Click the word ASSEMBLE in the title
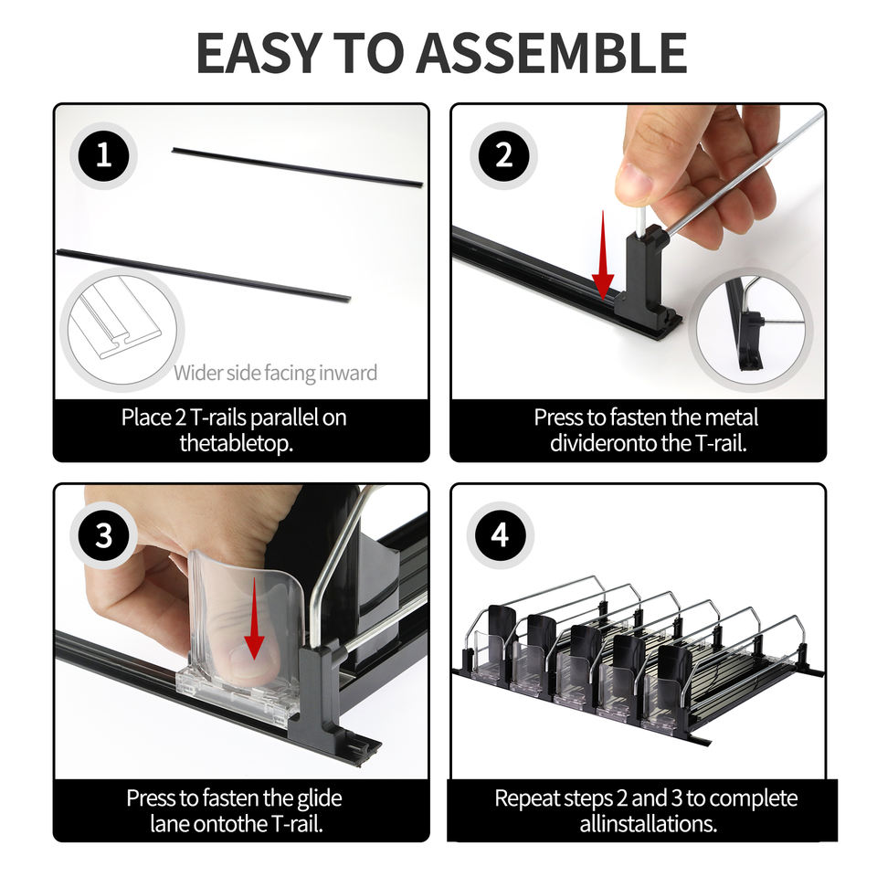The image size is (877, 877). click(x=552, y=53)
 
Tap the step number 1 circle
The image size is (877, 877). click(x=103, y=155)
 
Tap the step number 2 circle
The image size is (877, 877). click(x=503, y=155)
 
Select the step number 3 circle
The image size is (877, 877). click(x=103, y=535)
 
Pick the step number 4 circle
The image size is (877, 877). click(x=500, y=535)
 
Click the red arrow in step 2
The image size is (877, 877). click(x=603, y=255)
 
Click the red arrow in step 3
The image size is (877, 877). click(x=255, y=618)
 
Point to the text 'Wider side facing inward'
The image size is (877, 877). click(x=275, y=373)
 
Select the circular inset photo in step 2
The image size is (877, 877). click(x=751, y=330)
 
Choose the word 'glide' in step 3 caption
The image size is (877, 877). click(x=320, y=798)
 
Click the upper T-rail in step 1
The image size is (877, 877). click(x=297, y=166)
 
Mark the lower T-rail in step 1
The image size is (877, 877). click(x=204, y=275)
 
